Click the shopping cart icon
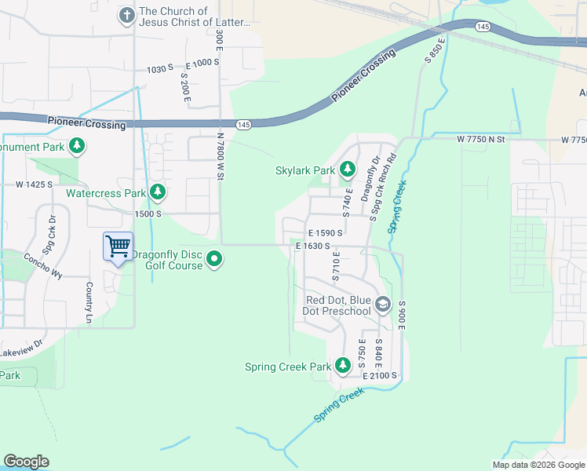[x=118, y=246]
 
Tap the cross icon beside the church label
[x=126, y=15]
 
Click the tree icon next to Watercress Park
[x=158, y=192]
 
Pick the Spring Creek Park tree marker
[x=343, y=366]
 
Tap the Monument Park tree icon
[x=77, y=146]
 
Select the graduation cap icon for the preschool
[x=382, y=305]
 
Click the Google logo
[x=26, y=462]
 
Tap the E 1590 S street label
[x=326, y=233]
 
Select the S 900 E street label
[x=401, y=314]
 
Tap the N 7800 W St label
[x=221, y=157]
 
